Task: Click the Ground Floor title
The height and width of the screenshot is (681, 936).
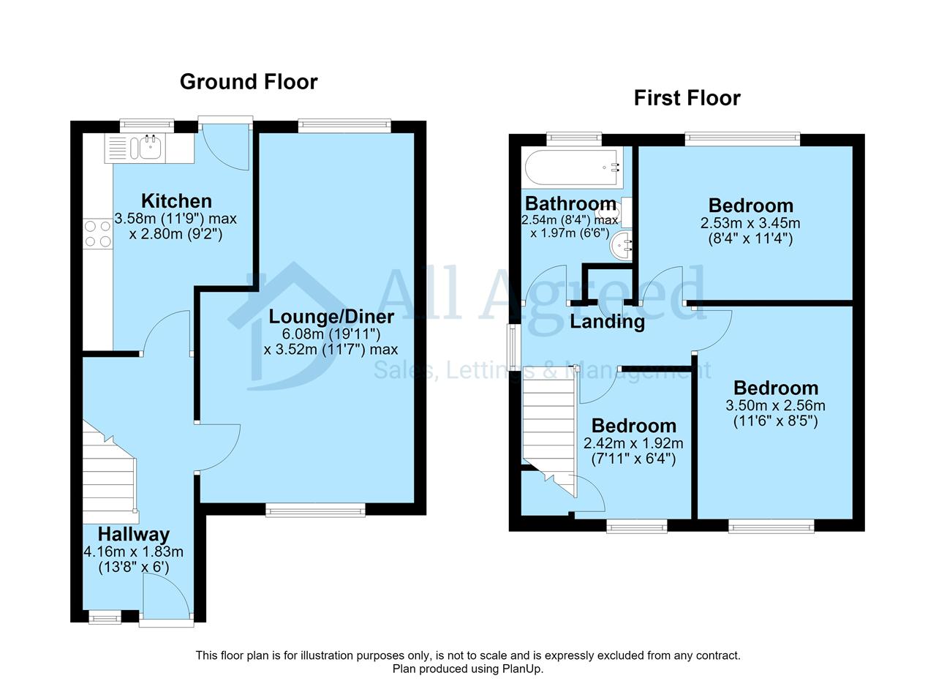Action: [x=249, y=82]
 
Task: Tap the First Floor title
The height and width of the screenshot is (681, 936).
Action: [x=687, y=98]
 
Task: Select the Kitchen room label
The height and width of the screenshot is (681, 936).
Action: [x=176, y=201]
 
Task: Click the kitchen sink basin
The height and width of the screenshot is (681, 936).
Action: [x=150, y=147]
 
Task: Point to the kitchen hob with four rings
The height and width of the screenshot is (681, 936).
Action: [x=98, y=233]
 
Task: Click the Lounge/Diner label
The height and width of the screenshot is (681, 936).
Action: [x=331, y=317]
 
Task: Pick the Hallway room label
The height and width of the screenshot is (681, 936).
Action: [x=134, y=534]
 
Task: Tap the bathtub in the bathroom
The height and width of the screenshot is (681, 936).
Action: [x=574, y=168]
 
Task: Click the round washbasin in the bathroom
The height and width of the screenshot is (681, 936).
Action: [x=621, y=245]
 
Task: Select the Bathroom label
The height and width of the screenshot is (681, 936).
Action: [x=570, y=203]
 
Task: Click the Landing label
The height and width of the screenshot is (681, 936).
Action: [x=607, y=322]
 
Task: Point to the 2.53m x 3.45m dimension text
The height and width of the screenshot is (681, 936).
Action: [x=750, y=223]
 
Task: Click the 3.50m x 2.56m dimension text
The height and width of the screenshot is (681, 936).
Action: [x=776, y=405]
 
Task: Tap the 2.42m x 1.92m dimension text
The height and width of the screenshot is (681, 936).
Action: [x=633, y=443]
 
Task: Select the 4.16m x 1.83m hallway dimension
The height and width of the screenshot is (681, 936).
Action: [x=134, y=552]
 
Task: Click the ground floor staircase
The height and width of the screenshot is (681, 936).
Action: [x=110, y=472]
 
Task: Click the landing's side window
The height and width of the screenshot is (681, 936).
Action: [x=512, y=347]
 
